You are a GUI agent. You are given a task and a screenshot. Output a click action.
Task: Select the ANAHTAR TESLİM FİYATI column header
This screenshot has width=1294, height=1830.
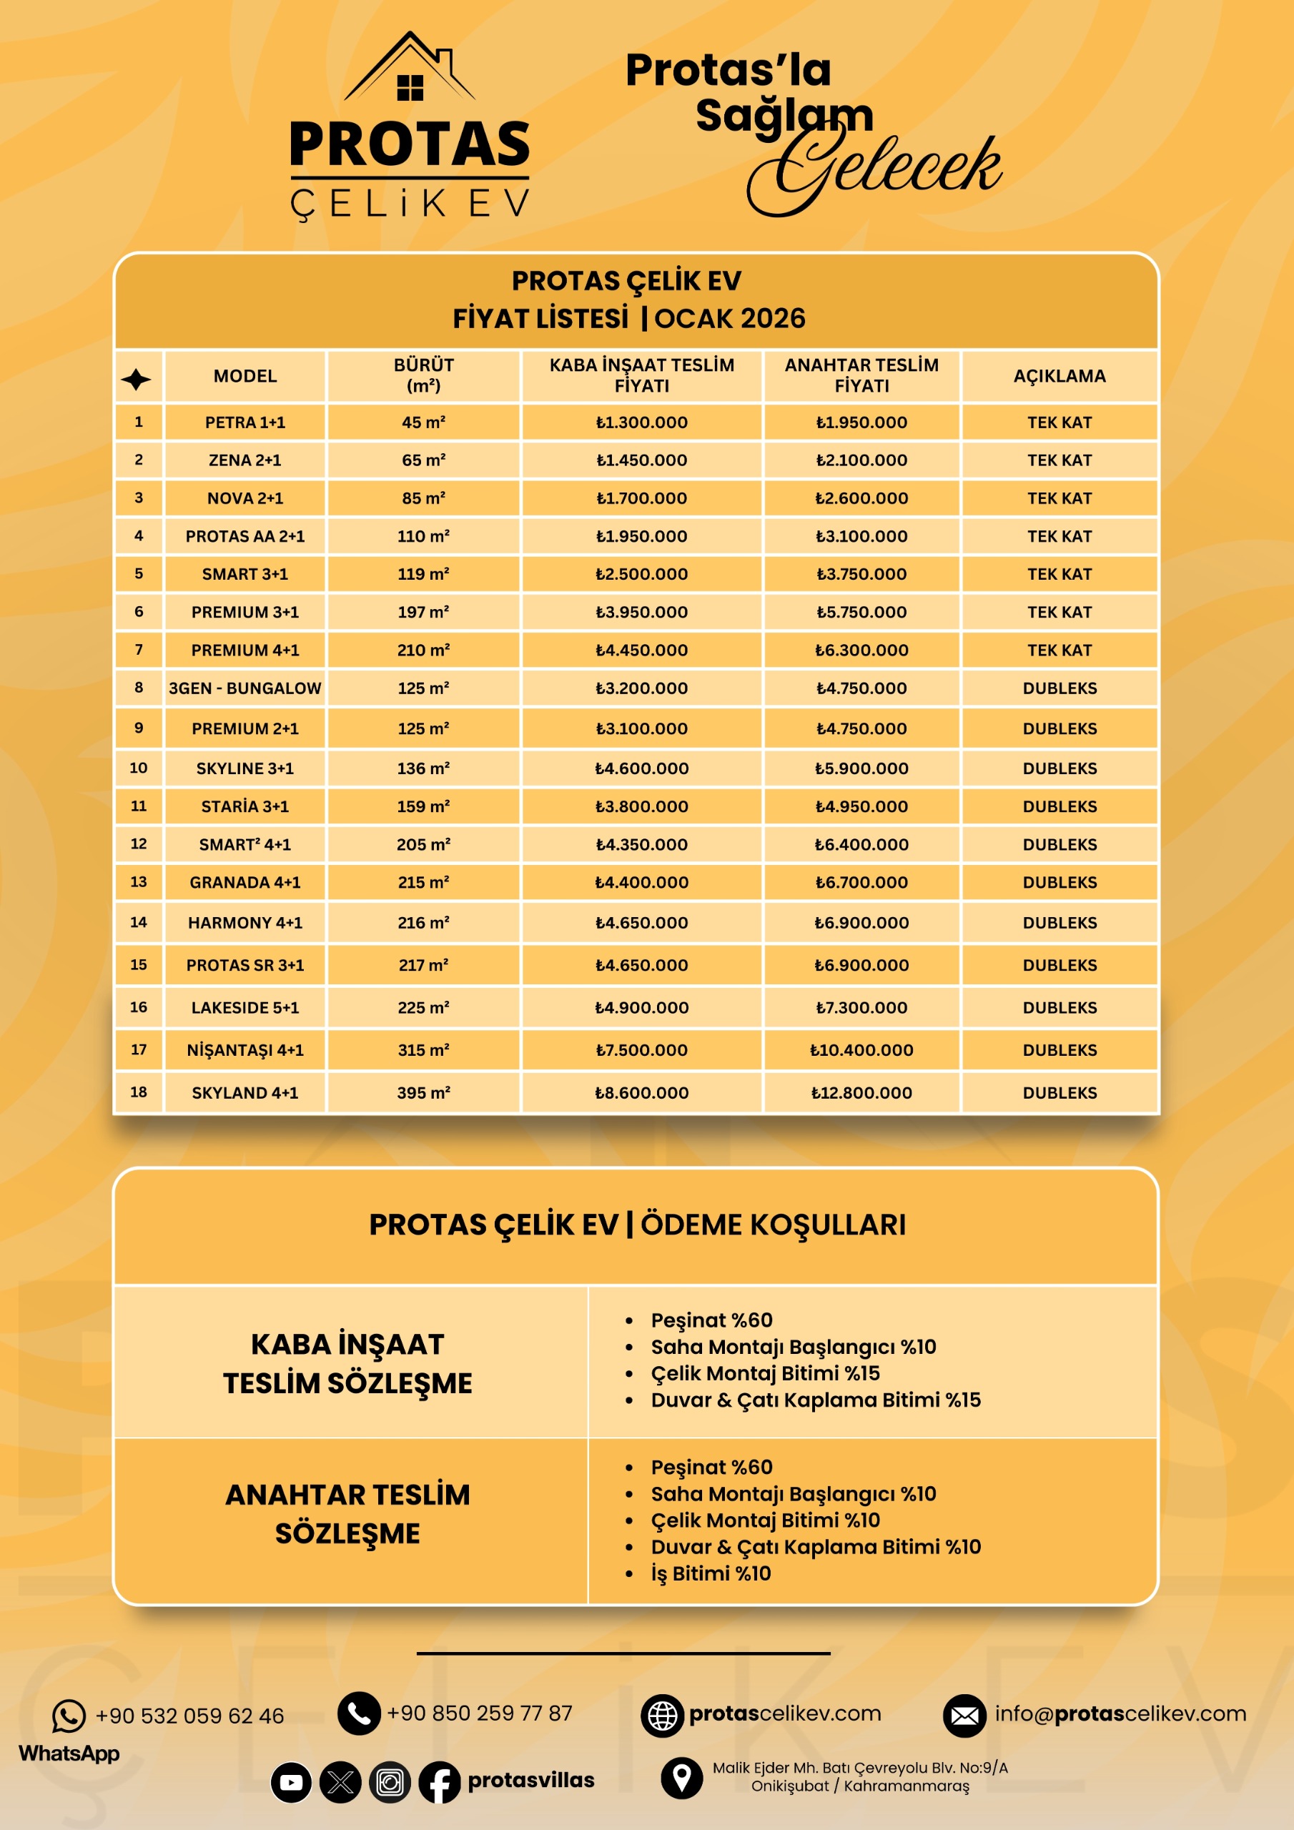coord(861,375)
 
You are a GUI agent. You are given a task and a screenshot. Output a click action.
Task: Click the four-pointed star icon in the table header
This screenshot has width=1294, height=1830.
coord(137,379)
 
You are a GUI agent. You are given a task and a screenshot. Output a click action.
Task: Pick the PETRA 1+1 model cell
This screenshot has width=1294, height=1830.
coord(245,422)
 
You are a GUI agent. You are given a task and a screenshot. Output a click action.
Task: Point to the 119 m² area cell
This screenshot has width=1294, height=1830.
coord(423,574)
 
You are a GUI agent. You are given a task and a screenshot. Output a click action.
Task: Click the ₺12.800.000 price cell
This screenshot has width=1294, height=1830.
coord(861,1093)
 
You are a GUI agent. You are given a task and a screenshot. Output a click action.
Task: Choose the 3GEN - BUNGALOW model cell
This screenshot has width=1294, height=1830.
coord(245,688)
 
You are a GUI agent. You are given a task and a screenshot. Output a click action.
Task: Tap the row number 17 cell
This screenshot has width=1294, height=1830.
coord(139,1049)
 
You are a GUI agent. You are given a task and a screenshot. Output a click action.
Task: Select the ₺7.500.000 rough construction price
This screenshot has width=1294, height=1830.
coord(641,1049)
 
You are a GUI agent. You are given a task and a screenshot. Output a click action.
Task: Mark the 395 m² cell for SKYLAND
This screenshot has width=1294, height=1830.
coord(423,1093)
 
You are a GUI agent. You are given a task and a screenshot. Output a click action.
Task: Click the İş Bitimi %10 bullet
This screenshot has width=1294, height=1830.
coord(711,1573)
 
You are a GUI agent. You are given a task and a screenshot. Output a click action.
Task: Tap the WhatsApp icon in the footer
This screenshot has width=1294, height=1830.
coord(69,1716)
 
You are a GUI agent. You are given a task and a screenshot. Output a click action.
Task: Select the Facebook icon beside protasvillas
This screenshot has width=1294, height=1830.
coord(439,1782)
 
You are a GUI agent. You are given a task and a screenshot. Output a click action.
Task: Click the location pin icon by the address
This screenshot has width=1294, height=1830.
coord(682,1776)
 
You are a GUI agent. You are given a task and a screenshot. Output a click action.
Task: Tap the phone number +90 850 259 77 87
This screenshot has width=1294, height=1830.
coord(479,1713)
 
